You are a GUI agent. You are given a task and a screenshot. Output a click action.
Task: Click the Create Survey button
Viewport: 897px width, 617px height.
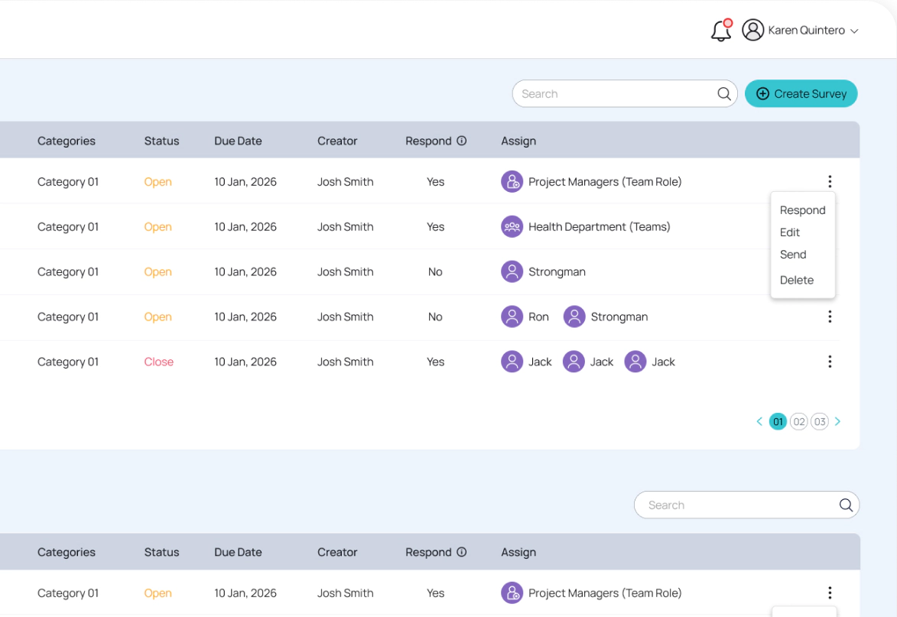point(801,94)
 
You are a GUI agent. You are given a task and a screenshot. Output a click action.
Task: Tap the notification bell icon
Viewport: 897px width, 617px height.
point(721,31)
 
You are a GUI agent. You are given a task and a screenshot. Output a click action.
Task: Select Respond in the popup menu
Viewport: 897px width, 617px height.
point(802,210)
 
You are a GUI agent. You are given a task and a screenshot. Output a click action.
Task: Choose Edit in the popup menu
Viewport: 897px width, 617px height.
point(790,232)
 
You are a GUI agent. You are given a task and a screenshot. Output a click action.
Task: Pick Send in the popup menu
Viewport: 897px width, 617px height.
point(793,255)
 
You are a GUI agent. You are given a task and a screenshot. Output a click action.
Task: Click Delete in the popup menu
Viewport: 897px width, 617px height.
point(796,280)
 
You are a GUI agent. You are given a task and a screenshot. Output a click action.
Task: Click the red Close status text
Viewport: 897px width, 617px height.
point(158,362)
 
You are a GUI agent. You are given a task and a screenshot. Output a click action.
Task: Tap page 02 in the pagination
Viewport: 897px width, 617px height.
point(798,421)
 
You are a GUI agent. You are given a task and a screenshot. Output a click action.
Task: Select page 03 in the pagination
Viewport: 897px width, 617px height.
point(819,421)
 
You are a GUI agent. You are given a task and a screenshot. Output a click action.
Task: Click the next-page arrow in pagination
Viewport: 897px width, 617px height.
point(837,421)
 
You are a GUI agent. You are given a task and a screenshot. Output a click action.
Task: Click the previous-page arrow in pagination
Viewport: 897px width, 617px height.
point(759,421)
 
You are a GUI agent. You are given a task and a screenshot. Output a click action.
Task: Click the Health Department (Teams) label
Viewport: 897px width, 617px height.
point(599,226)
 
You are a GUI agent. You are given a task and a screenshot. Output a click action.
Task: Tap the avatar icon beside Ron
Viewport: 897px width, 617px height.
point(512,317)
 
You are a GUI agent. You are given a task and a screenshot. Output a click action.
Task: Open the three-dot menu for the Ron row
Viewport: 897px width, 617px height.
point(829,317)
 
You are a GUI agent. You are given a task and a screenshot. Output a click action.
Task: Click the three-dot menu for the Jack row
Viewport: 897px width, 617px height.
point(829,362)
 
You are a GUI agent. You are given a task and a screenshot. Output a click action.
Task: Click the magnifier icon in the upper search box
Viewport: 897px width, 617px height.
point(723,94)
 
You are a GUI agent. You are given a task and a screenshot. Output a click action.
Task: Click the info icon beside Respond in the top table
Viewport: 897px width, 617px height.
point(461,141)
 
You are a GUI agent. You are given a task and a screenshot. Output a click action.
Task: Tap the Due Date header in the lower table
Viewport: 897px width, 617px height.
point(238,552)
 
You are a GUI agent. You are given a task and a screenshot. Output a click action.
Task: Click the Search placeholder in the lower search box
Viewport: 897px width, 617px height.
point(666,505)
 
